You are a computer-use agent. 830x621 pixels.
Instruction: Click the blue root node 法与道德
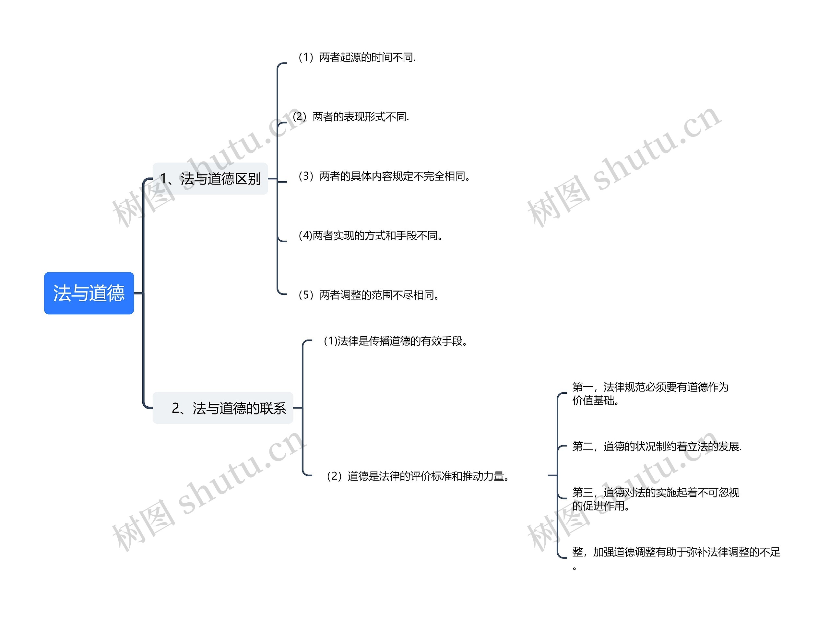pyautogui.click(x=89, y=293)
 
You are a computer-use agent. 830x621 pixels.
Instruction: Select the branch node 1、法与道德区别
pyautogui.click(x=210, y=179)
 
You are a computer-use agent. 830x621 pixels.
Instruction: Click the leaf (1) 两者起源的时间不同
pyautogui.click(x=356, y=57)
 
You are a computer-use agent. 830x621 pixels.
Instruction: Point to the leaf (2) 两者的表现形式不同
pyautogui.click(x=351, y=117)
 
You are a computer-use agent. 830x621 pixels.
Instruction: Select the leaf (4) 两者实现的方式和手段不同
pyautogui.click(x=370, y=236)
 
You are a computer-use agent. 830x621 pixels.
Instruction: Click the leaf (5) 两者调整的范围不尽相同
pyautogui.click(x=368, y=295)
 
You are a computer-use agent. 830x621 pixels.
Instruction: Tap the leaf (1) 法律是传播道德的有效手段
pyautogui.click(x=396, y=341)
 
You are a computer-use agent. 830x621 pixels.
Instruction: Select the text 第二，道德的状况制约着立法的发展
pyautogui.click(x=657, y=447)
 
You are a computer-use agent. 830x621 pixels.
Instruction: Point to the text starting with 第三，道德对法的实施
pyautogui.click(x=655, y=499)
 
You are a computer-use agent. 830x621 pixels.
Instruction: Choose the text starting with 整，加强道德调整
pyautogui.click(x=676, y=552)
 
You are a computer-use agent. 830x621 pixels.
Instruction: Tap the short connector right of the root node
pyautogui.click(x=138, y=293)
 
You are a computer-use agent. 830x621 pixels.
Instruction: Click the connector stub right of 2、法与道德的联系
pyautogui.click(x=298, y=408)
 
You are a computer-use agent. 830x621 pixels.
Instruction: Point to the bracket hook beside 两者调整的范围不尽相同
pyautogui.click(x=281, y=292)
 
